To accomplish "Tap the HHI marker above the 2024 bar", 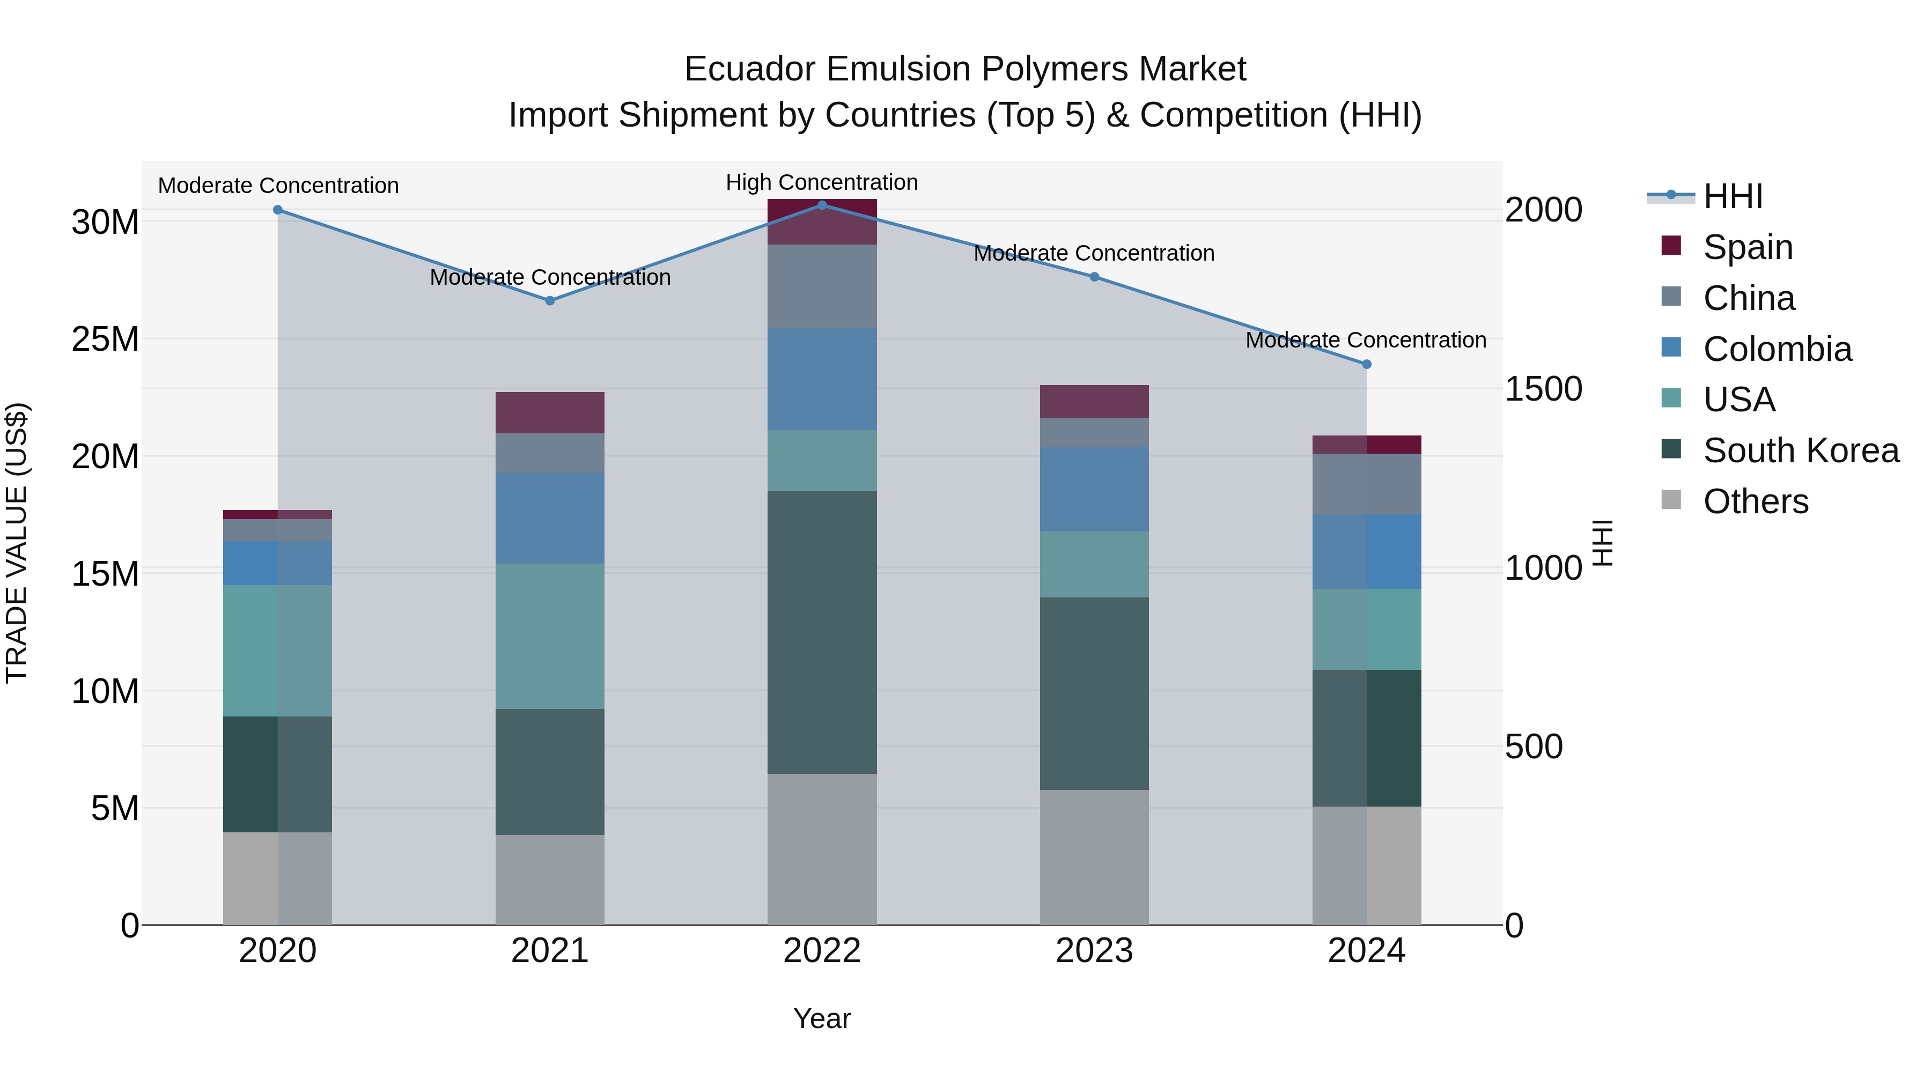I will [x=1367, y=364].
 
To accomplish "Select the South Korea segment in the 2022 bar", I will [x=822, y=632].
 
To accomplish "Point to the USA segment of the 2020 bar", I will [x=277, y=651].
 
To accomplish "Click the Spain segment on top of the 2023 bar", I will [x=1094, y=401].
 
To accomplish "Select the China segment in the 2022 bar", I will [x=822, y=286].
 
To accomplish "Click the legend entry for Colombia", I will [x=1777, y=349].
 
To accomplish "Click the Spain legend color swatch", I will [x=1671, y=246].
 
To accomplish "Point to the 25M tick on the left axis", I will [x=105, y=339].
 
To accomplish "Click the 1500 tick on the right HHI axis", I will [x=1543, y=389].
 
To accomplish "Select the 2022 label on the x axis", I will [x=822, y=951].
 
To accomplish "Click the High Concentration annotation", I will [x=822, y=182].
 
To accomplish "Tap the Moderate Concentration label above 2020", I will [x=278, y=185].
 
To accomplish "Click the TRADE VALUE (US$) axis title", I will [x=17, y=543].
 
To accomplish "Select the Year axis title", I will [x=822, y=1018].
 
